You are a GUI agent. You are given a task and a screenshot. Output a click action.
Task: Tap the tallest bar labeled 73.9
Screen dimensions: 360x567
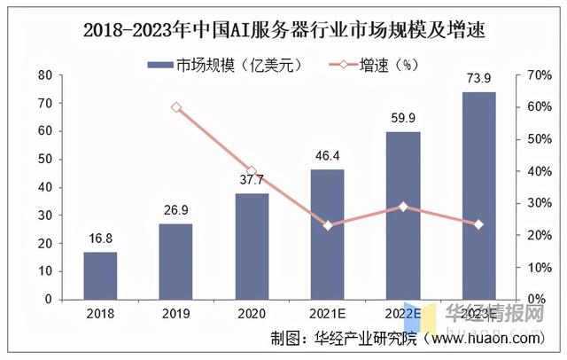click(479, 195)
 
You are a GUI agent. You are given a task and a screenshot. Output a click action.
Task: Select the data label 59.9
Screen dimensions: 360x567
click(403, 121)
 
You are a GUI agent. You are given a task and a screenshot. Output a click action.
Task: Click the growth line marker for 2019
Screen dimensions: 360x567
click(176, 107)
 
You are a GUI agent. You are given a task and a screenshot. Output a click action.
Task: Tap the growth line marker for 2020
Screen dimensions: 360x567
click(252, 171)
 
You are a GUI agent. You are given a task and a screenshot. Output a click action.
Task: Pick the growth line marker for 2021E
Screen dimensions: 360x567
click(328, 225)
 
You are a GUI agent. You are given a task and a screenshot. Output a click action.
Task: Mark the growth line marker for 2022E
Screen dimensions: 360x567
click(403, 207)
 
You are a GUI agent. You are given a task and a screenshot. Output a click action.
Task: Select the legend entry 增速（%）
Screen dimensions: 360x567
click(372, 63)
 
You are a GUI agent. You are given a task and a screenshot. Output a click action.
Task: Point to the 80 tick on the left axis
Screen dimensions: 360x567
click(43, 75)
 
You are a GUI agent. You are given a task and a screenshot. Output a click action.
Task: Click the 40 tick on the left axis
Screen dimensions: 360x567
click(43, 187)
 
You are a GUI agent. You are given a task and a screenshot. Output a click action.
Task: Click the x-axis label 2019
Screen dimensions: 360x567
click(176, 313)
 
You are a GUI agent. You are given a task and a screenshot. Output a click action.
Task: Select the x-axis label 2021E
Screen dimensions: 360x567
click(328, 313)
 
